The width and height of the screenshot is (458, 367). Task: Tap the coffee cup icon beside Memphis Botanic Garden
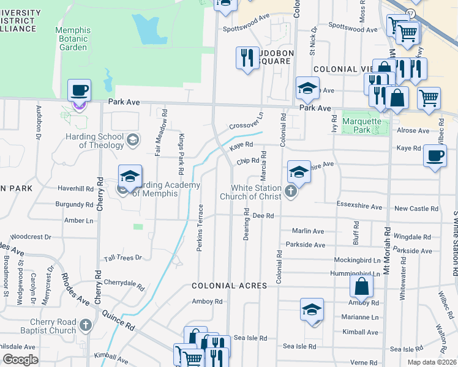click(79, 91)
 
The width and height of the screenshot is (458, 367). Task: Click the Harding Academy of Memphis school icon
click(130, 177)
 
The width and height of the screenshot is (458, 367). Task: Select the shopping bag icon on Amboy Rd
click(362, 286)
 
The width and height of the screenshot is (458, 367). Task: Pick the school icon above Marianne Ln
click(312, 310)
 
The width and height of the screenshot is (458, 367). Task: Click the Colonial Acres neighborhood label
click(229, 286)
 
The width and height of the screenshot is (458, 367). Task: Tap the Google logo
click(20, 360)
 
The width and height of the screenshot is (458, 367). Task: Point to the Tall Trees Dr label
click(122, 258)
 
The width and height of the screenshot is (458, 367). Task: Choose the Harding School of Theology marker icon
click(132, 141)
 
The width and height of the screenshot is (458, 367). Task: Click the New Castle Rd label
click(416, 209)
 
